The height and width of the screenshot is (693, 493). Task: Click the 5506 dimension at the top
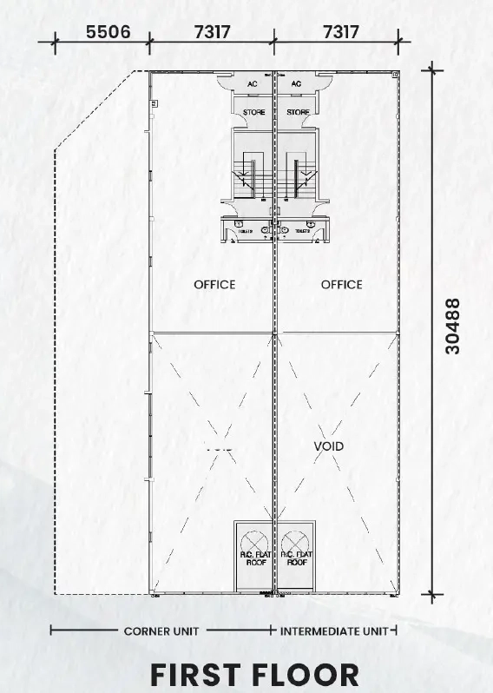(108, 32)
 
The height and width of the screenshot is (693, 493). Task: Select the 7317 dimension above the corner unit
(212, 32)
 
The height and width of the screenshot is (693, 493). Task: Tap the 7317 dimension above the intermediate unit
(340, 32)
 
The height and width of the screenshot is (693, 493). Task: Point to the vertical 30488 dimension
(452, 326)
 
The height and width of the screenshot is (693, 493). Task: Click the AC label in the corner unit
(253, 84)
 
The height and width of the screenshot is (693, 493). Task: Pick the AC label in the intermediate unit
(297, 84)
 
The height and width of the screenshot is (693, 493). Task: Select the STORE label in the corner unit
(253, 113)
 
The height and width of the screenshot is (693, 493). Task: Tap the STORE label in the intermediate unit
(298, 113)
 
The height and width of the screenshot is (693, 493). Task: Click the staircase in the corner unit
(253, 173)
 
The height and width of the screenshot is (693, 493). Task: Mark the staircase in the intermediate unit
(299, 173)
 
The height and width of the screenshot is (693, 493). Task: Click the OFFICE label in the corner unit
(214, 284)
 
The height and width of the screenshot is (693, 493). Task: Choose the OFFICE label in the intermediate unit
(341, 284)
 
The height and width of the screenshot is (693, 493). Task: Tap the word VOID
(328, 445)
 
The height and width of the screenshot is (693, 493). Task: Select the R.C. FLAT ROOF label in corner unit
(253, 558)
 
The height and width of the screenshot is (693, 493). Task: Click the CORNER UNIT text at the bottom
(161, 630)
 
